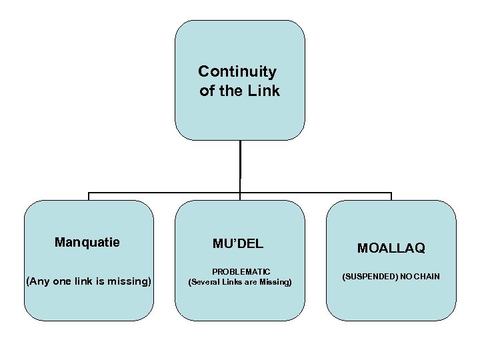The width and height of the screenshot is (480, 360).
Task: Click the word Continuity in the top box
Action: pos(237,71)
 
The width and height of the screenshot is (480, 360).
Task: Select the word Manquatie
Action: pos(87,242)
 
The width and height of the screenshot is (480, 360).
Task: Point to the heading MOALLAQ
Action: pos(391,248)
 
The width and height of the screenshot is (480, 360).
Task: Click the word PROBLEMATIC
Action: pos(240,272)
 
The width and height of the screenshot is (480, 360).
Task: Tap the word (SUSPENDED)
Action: pos(368,276)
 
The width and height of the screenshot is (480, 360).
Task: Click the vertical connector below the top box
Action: pos(240,167)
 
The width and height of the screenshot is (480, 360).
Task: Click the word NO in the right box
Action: pos(405,276)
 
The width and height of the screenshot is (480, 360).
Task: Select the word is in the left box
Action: pos(99,281)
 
